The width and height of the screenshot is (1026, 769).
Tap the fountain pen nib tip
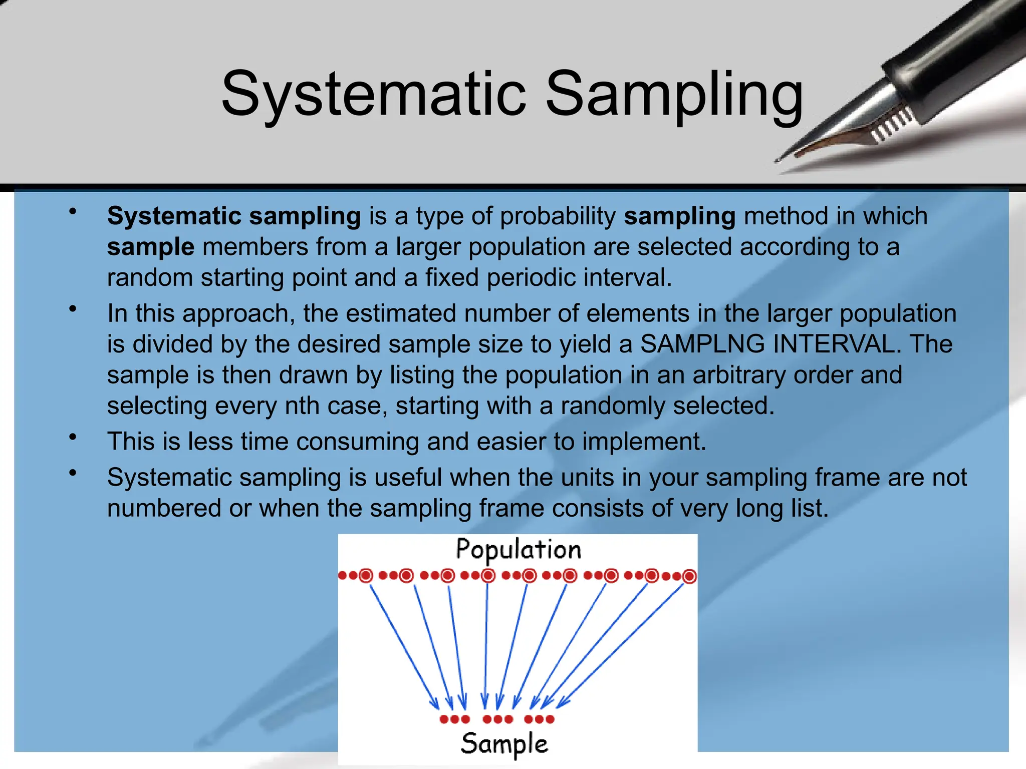click(778, 161)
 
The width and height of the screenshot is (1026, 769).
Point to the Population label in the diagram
click(518, 550)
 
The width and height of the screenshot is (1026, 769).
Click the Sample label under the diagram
click(504, 744)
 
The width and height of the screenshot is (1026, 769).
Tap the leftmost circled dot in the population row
click(366, 576)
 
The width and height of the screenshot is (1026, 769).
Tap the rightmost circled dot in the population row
click(689, 576)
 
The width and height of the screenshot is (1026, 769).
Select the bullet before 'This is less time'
click(73, 437)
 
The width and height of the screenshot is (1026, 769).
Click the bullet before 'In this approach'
click(73, 309)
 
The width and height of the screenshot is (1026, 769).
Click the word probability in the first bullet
click(558, 216)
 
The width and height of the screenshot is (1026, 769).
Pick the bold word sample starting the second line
click(150, 247)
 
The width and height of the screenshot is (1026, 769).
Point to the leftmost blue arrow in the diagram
click(404, 646)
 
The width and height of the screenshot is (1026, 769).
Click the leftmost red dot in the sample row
click(443, 719)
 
